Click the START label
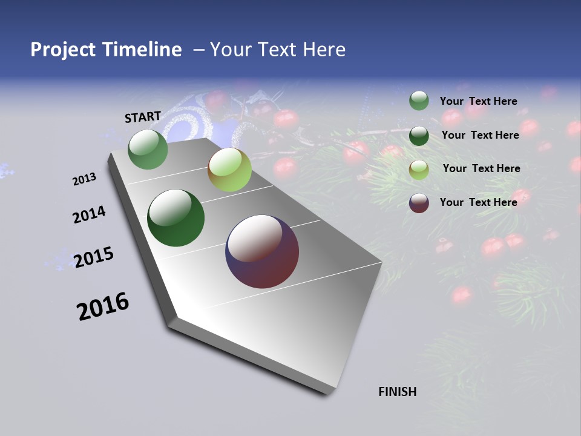point(143,117)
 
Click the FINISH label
point(398,392)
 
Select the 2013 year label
point(85,179)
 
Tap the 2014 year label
point(90,215)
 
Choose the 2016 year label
point(103,306)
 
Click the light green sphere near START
point(148,149)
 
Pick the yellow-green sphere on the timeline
point(229,170)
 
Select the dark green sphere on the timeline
point(176,218)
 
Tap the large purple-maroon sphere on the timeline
point(262,251)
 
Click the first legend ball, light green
point(419,101)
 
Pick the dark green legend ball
point(419,136)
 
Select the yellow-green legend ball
point(419,170)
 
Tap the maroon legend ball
point(419,203)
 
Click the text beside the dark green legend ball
point(480,135)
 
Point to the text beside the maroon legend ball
point(478,202)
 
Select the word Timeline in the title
point(142,49)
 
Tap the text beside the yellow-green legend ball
point(481,168)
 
